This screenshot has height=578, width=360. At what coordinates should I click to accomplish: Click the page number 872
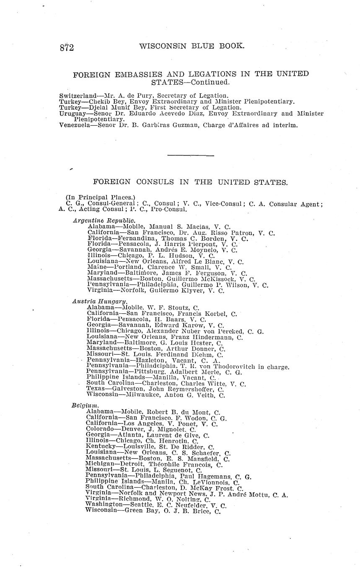[x=67, y=48]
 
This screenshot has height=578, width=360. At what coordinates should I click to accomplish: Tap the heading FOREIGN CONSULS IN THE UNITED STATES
[x=190, y=182]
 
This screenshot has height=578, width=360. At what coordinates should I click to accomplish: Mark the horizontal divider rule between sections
[x=190, y=156]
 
